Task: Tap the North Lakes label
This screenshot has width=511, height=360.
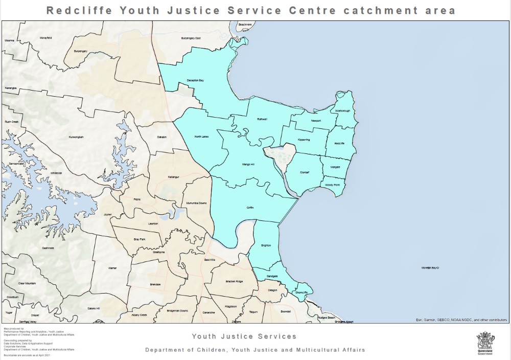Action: click(x=201, y=137)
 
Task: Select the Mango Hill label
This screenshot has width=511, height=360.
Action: click(x=248, y=164)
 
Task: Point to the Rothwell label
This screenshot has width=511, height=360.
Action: click(x=262, y=119)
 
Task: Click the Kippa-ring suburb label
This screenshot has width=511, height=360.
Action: click(x=304, y=140)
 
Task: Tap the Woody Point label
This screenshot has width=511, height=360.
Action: click(x=332, y=185)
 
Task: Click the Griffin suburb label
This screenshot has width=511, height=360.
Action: click(x=250, y=208)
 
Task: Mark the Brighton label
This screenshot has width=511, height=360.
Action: click(x=266, y=245)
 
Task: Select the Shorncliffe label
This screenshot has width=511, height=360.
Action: click(x=301, y=292)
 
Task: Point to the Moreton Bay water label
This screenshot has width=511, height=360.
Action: click(x=431, y=268)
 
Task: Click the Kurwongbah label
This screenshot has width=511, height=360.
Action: click(x=76, y=137)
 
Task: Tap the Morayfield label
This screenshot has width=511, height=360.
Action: click(x=46, y=39)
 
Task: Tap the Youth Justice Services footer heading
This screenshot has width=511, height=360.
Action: click(x=244, y=336)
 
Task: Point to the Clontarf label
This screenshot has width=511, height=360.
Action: click(x=305, y=172)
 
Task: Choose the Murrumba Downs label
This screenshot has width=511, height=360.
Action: click(x=197, y=203)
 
